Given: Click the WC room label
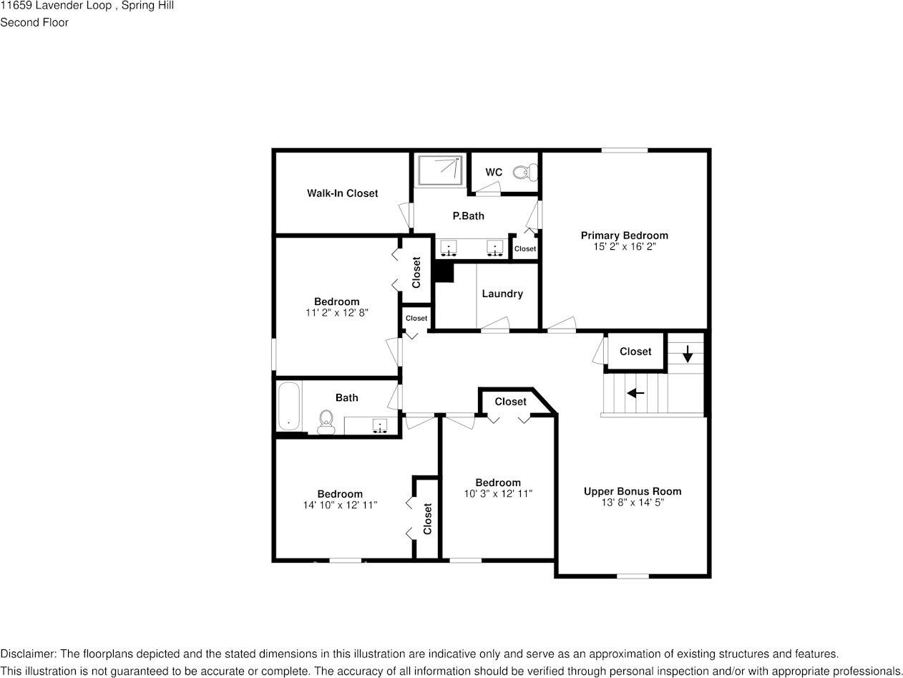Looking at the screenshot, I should click(494, 173).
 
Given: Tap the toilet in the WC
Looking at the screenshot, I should click(527, 173).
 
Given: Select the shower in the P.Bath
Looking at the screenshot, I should click(440, 170).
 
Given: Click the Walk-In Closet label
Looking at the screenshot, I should click(342, 193).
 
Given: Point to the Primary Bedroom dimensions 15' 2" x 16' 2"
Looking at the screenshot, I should click(624, 246).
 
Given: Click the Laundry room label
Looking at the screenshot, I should click(502, 294).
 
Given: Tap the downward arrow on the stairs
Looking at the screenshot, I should click(688, 353).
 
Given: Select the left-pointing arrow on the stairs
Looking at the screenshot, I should click(635, 393).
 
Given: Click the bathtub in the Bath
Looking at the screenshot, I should click(289, 406).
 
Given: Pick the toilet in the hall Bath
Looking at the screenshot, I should click(326, 421).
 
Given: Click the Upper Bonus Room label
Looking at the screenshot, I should click(633, 491).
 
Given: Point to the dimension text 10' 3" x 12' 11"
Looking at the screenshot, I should click(498, 494).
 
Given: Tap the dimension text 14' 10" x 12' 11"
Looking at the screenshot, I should click(340, 505).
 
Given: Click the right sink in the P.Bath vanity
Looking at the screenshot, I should click(494, 248).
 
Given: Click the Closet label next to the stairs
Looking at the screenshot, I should click(635, 352).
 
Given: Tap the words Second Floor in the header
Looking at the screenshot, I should click(34, 22).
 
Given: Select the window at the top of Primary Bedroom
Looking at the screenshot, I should click(624, 150).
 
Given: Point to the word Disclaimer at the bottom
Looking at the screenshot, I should click(26, 654).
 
